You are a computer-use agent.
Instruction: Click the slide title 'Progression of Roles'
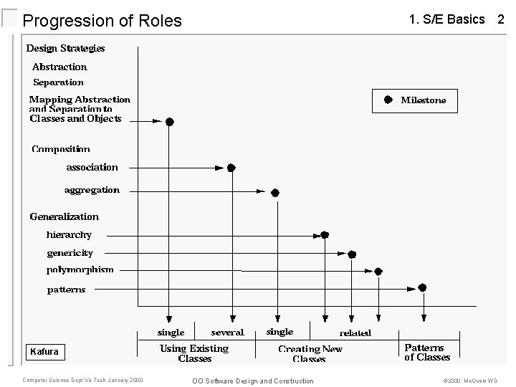[102, 21]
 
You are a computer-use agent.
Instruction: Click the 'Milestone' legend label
[423, 100]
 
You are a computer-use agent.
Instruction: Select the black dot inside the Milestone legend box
[388, 100]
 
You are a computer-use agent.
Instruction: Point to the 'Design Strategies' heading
[65, 48]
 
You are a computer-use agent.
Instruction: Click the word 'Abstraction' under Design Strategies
[59, 67]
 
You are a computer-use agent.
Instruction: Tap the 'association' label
[92, 167]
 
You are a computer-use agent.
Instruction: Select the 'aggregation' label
[92, 190]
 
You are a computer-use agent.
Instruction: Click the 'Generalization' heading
[64, 216]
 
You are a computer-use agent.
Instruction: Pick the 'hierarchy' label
[69, 234]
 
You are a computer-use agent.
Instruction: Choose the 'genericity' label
[70, 253]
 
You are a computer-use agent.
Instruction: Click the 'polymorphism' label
[80, 270]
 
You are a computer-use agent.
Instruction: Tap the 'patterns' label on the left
[66, 290]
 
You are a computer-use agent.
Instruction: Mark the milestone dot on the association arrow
[231, 168]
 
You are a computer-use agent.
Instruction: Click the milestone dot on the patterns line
[423, 287]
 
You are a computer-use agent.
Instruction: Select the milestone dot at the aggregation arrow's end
[274, 193]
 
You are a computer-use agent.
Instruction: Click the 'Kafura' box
[44, 352]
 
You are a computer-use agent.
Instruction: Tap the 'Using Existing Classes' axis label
[194, 353]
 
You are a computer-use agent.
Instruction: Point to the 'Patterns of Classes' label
[427, 353]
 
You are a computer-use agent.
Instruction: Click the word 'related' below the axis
[355, 333]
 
